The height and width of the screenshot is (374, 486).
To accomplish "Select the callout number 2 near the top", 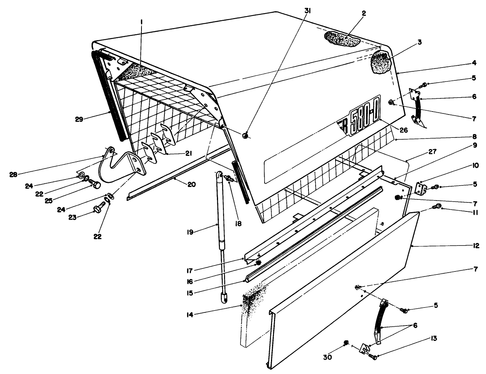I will pos(353,13).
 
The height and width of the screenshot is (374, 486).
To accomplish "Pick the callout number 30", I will pos(328,358).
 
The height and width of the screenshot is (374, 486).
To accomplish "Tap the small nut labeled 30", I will pos(347,342).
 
